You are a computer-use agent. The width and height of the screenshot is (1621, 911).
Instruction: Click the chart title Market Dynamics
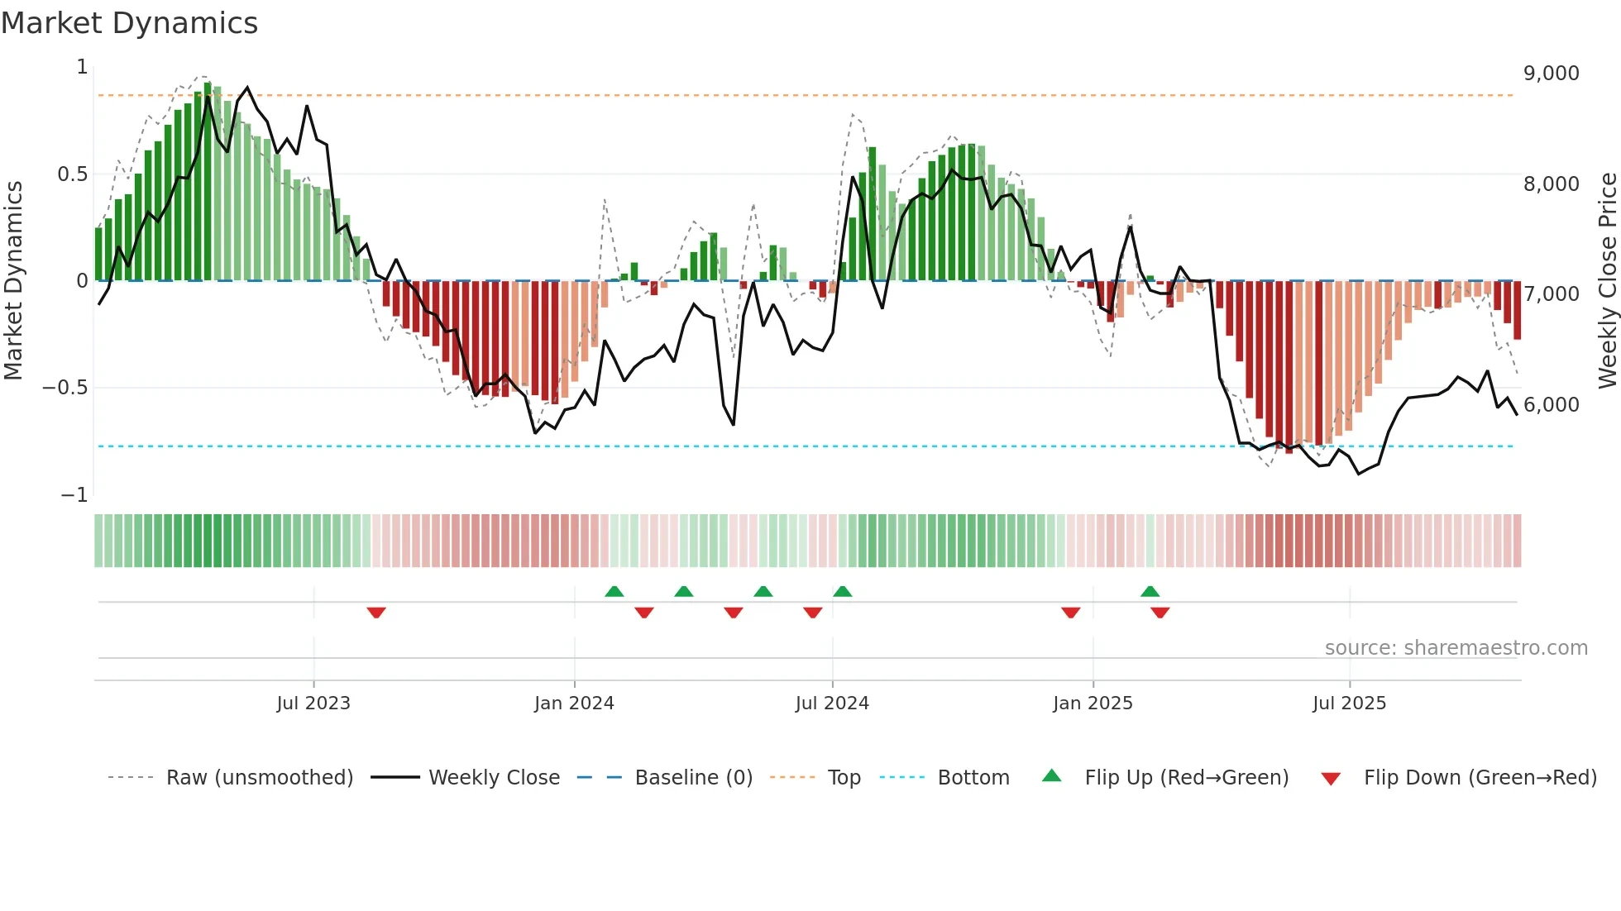point(129,23)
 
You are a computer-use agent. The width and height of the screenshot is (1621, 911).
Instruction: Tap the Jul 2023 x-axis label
point(313,704)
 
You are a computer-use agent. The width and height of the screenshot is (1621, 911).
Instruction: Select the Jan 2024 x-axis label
point(574,704)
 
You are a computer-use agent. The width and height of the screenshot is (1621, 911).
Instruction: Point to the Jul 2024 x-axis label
point(832,704)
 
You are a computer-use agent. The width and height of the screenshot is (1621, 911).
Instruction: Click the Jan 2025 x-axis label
point(1093,704)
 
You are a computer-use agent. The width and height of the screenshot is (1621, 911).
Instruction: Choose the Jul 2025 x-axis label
point(1349,704)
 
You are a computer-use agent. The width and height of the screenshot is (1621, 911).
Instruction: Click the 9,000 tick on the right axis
point(1551,74)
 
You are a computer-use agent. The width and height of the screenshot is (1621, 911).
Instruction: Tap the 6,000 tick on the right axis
point(1551,405)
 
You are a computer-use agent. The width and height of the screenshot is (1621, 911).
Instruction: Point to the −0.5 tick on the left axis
point(65,388)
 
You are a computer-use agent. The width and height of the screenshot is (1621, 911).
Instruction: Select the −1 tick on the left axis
point(74,495)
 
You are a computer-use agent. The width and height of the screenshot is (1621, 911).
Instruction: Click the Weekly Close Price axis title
point(1607,280)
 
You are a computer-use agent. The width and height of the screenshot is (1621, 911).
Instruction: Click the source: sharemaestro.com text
point(1456,648)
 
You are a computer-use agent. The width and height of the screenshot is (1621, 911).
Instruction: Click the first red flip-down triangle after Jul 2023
point(376,613)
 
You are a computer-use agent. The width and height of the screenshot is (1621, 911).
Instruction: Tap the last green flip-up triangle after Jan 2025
point(1150,591)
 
